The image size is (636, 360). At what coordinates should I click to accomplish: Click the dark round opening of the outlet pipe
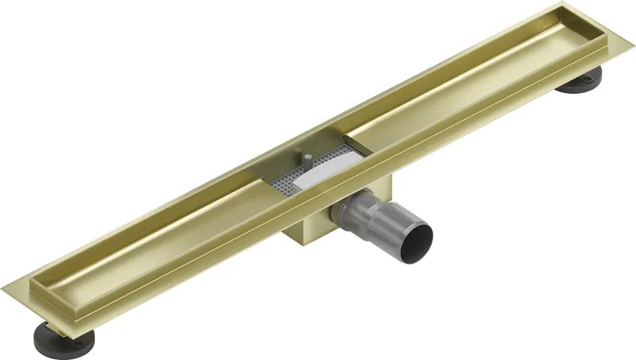point(417,236)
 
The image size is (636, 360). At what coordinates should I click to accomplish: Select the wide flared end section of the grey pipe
point(401,226)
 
